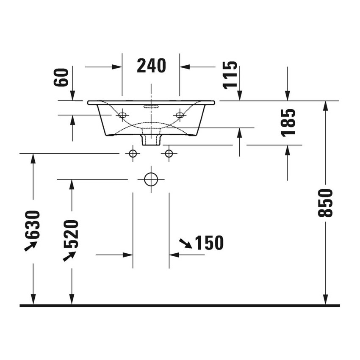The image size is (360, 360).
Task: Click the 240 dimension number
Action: (x=151, y=66)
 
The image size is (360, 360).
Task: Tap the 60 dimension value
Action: (x=61, y=78)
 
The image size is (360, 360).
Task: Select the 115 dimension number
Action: (x=230, y=75)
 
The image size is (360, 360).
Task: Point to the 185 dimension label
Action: (x=288, y=123)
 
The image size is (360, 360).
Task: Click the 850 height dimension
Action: (x=325, y=203)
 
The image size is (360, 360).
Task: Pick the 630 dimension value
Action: (x=33, y=224)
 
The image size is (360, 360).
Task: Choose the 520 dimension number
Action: (x=71, y=234)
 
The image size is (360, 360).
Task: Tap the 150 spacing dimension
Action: (x=209, y=243)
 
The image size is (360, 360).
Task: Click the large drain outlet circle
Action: (x=151, y=179)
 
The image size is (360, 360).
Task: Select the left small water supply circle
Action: (x=133, y=153)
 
